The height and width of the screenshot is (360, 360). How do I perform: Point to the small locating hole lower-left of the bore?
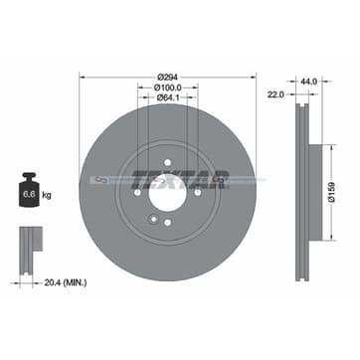click(x=149, y=211)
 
